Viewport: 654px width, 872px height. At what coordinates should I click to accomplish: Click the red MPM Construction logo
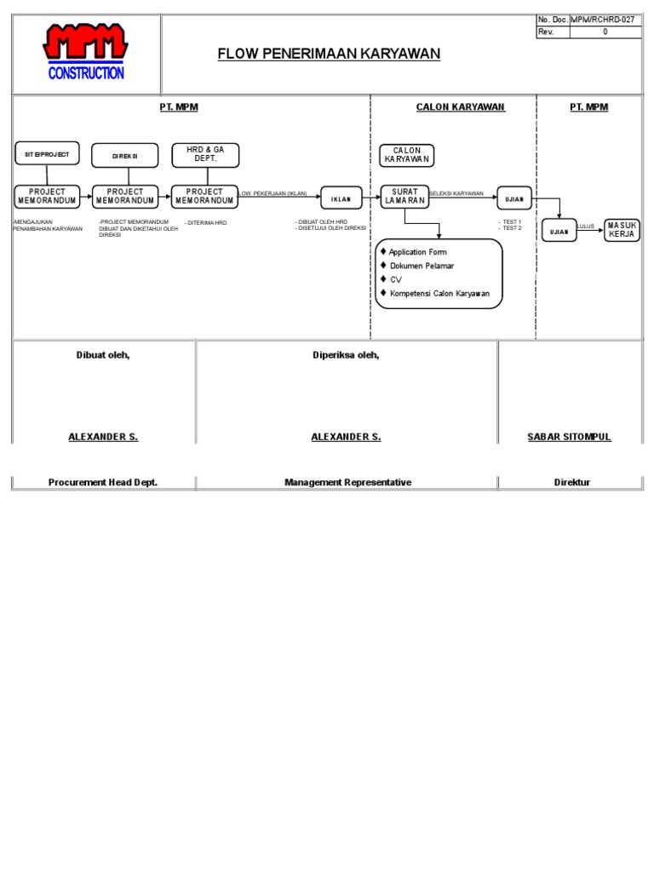click(86, 52)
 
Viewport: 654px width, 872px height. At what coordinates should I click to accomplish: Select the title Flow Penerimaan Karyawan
click(329, 54)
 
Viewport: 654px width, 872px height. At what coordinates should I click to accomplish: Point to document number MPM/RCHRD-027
click(603, 19)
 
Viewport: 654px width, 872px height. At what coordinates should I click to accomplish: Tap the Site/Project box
click(47, 154)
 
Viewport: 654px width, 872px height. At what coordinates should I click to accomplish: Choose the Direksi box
click(124, 156)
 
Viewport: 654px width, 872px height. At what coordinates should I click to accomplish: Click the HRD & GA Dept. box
click(204, 155)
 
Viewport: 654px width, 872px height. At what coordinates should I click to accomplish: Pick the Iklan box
click(340, 198)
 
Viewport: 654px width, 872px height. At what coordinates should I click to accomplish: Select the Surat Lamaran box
click(404, 197)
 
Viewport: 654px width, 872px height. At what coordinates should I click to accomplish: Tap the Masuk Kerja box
click(622, 229)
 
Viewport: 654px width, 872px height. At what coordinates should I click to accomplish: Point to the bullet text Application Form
click(417, 252)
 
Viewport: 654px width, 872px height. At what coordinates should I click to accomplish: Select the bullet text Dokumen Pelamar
click(422, 266)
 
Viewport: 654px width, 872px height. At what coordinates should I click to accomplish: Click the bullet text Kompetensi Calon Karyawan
click(439, 293)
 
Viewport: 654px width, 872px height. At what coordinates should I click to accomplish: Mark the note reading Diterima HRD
click(207, 223)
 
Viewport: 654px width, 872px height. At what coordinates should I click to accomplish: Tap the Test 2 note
click(511, 228)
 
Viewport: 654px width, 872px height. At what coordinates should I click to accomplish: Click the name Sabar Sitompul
click(570, 437)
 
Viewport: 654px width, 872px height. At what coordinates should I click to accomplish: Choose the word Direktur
click(571, 482)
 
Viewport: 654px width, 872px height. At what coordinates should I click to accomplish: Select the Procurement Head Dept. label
click(103, 482)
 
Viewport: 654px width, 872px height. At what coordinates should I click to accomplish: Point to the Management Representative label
click(347, 482)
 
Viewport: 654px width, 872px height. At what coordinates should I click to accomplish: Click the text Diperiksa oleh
click(346, 355)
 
